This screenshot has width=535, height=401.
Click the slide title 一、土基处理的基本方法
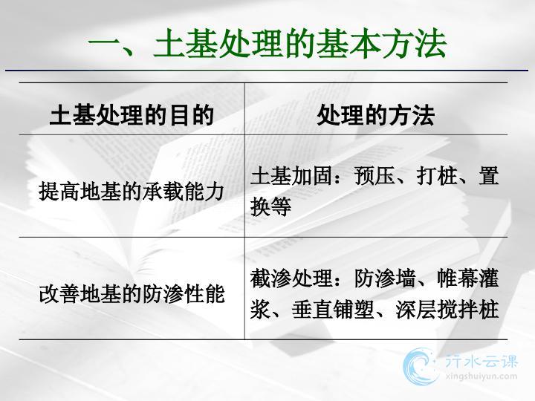click(267, 43)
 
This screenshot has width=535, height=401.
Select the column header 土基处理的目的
click(132, 115)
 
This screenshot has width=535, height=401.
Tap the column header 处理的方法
click(376, 115)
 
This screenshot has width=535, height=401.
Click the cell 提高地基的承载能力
click(132, 191)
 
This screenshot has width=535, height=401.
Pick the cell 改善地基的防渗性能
click(132, 293)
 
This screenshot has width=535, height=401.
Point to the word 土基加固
click(291, 176)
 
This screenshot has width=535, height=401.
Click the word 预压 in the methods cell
click(374, 176)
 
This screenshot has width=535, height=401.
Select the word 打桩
click(437, 176)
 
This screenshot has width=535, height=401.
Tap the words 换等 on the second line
click(270, 206)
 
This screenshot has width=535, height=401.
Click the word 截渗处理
click(291, 278)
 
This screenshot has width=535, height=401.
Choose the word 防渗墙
click(385, 278)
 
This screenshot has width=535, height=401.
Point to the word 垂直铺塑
click(333, 309)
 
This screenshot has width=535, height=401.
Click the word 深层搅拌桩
click(447, 309)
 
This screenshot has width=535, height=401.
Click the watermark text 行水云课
click(481, 361)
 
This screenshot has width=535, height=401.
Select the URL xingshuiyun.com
click(481, 376)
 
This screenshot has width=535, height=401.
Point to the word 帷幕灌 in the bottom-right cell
click(468, 278)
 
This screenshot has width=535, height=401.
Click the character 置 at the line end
click(489, 176)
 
